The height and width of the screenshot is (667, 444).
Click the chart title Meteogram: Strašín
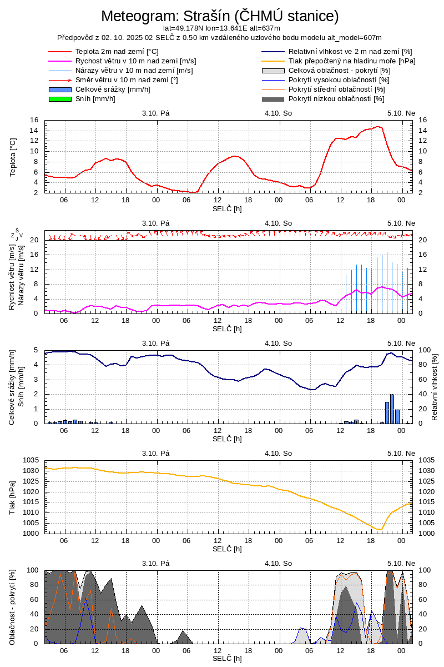pyautogui.click(x=220, y=16)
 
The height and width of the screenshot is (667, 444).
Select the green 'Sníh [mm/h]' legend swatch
pyautogui.click(x=60, y=99)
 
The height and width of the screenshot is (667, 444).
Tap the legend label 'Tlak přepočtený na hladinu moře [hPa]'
pyautogui.click(x=352, y=61)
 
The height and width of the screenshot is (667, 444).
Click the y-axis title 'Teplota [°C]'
pyautogui.click(x=13, y=157)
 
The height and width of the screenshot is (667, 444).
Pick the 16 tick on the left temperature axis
pyautogui.click(x=34, y=120)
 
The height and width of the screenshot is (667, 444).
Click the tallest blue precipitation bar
pyautogui.click(x=392, y=409)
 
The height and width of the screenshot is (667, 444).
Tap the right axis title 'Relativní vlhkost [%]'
pyautogui.click(x=435, y=387)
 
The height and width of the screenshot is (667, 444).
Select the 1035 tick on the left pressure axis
pyautogui.click(x=31, y=460)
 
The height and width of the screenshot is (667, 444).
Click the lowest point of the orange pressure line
pyautogui.click(x=381, y=530)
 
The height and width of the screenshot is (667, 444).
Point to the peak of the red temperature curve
pyautogui.click(x=378, y=127)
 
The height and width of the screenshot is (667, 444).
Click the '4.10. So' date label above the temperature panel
pyautogui.click(x=278, y=113)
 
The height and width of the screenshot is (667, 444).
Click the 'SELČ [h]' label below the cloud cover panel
pyautogui.click(x=227, y=659)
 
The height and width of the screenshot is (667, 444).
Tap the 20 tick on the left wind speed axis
pyautogui.click(x=34, y=240)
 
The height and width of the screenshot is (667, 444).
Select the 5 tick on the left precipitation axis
pyautogui.click(x=36, y=350)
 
